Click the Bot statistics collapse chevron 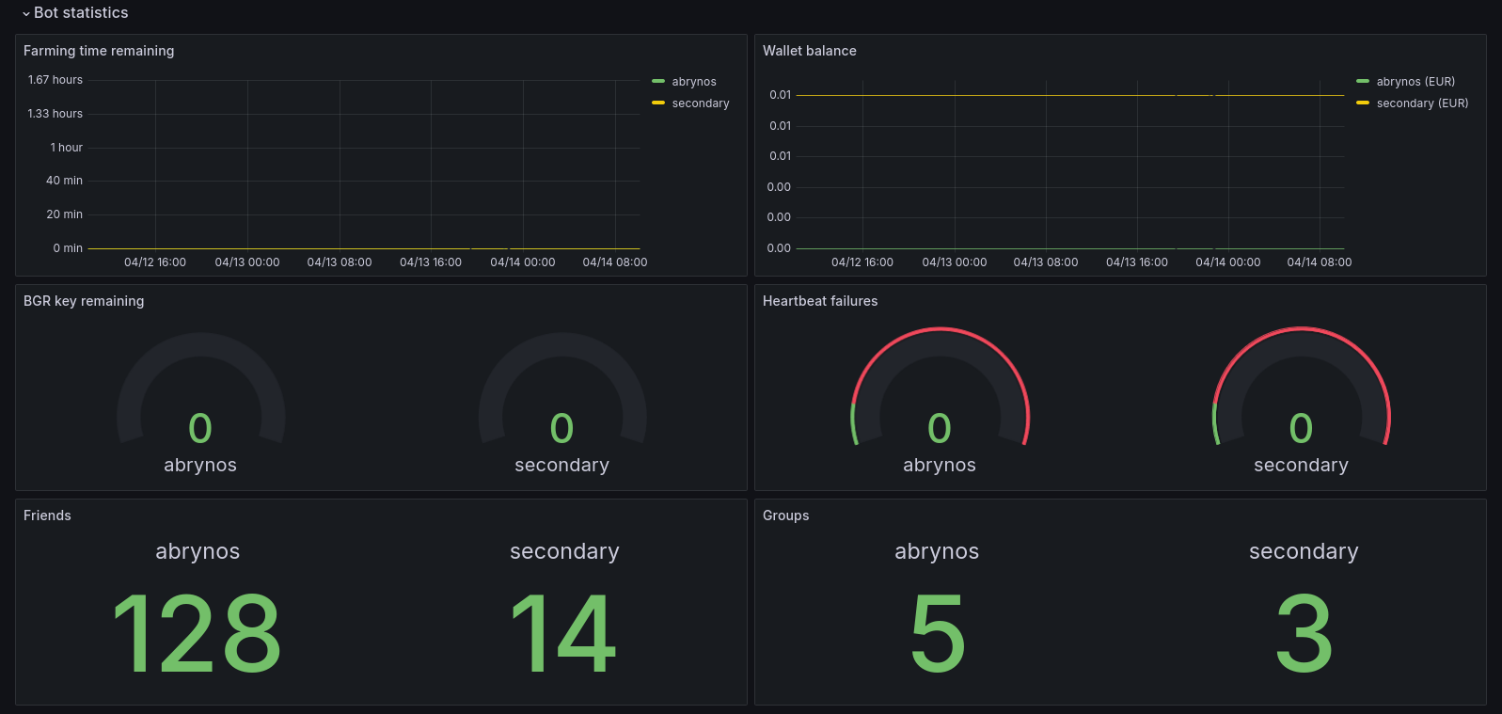tap(25, 13)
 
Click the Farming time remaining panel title tap(99, 51)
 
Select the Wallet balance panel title tap(810, 51)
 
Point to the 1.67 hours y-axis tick tap(55, 80)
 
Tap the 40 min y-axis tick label tap(64, 181)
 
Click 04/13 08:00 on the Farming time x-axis tap(340, 262)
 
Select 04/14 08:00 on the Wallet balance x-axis tap(1319, 262)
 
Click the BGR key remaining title tap(84, 301)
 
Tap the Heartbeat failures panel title tap(820, 301)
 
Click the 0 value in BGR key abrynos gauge tap(200, 428)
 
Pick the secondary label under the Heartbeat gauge tap(1301, 465)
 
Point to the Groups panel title tap(786, 516)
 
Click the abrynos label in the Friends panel tap(198, 551)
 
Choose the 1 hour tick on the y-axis tap(67, 148)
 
